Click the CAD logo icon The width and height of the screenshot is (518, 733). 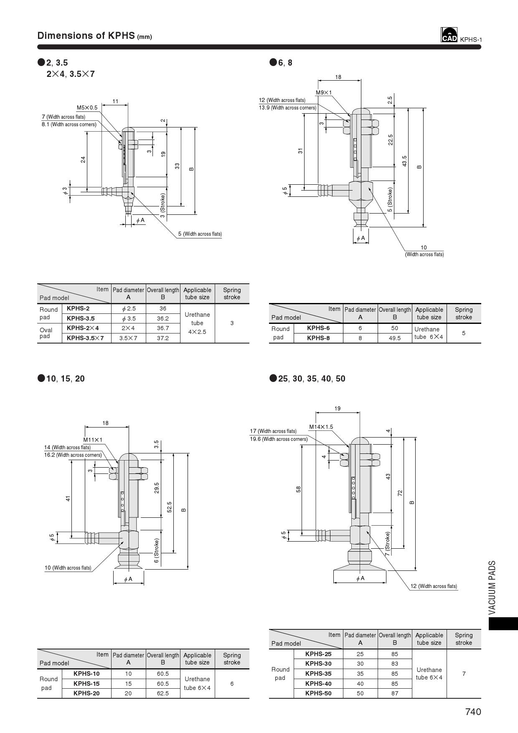click(449, 35)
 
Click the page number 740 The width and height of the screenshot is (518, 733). click(473, 712)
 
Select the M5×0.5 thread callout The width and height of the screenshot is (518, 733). click(87, 108)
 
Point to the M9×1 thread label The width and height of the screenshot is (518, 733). click(324, 92)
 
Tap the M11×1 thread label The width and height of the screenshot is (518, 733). click(93, 440)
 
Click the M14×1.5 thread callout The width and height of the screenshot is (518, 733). click(321, 427)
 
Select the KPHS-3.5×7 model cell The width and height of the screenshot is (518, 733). click(85, 338)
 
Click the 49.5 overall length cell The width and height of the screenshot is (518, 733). click(394, 338)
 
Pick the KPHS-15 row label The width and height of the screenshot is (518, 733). click(86, 684)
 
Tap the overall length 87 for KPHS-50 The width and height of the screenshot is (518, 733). click(394, 693)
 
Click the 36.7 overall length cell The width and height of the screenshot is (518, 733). click(163, 328)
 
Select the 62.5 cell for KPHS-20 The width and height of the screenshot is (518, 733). click(163, 693)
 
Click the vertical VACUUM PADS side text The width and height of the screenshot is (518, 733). click(492, 588)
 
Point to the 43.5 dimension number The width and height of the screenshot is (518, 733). click(404, 161)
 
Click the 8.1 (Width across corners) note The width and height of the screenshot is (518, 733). click(69, 125)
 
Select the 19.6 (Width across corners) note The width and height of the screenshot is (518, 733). click(279, 439)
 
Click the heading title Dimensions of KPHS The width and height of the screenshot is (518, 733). click(86, 36)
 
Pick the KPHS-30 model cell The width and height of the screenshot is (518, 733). click(318, 664)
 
